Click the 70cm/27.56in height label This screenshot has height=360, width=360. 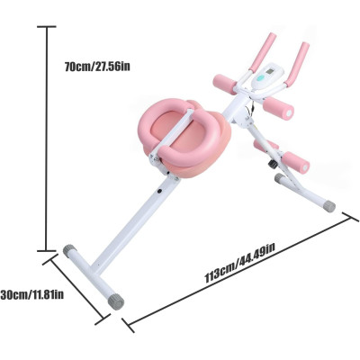tap(97, 67)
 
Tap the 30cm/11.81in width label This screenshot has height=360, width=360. tap(32, 294)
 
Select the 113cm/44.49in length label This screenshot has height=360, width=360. tap(239, 263)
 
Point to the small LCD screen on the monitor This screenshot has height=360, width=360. tap(270, 72)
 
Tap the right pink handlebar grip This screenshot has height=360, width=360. tap(297, 64)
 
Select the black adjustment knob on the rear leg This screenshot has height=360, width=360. tap(273, 164)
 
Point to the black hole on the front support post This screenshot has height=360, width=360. tap(159, 191)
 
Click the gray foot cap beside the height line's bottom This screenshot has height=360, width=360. tap(69, 251)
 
